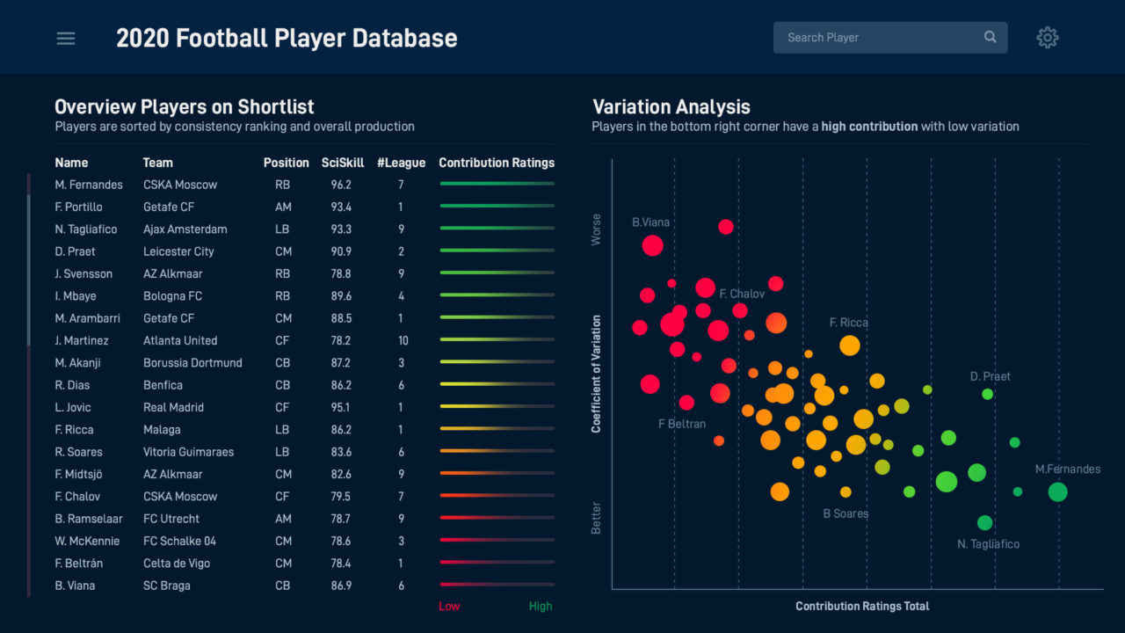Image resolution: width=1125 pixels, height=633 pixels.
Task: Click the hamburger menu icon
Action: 66,39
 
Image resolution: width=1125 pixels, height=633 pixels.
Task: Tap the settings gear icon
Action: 1047,38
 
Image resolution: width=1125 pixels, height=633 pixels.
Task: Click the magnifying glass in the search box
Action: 991,37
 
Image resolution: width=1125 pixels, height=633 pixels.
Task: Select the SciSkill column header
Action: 343,163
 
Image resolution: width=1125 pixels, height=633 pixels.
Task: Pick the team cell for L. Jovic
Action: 173,407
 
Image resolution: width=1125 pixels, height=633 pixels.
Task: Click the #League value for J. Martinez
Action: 403,340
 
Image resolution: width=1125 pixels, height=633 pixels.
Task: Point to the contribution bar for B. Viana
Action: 497,585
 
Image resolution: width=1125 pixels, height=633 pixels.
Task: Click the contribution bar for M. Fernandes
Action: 497,184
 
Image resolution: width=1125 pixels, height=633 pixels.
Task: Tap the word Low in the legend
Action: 449,606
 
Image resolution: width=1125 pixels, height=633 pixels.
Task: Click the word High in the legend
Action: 541,606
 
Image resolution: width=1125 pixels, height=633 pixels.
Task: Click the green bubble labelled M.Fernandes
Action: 1057,492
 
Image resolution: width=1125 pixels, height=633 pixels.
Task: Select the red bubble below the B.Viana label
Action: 652,245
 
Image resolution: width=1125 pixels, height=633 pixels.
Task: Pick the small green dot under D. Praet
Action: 987,394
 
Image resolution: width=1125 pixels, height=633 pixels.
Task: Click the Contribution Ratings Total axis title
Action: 862,606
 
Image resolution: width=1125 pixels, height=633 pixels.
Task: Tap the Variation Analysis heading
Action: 671,107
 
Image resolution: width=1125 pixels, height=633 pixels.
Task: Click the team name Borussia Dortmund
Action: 192,363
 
